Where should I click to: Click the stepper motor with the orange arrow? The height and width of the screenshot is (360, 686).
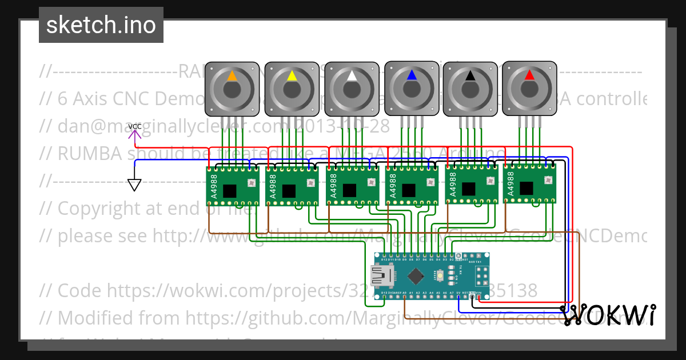232,89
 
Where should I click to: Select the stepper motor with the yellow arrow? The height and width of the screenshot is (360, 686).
292,89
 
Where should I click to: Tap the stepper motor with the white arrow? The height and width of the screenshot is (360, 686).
352,89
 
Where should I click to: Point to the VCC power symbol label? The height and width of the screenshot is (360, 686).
135,126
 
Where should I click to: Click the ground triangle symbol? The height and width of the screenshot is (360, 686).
134,185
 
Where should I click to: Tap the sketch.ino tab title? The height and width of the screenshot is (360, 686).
101,25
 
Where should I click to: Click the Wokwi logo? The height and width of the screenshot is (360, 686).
608,315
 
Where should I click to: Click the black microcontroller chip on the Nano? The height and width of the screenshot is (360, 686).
416,277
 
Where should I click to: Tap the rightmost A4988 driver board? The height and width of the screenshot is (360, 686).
529,184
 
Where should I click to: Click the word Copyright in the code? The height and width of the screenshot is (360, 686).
101,209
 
